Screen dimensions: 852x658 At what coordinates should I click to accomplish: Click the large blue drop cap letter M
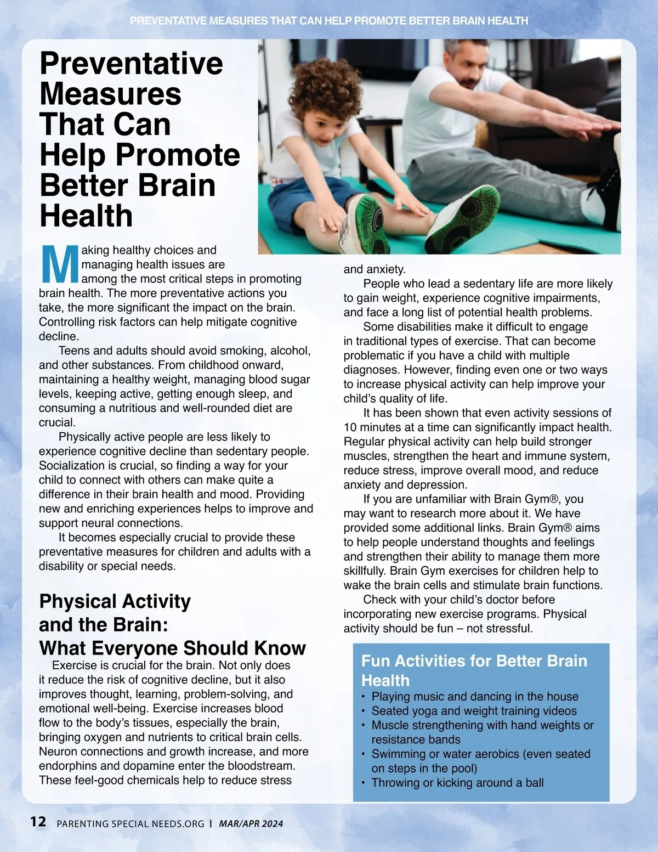(60, 264)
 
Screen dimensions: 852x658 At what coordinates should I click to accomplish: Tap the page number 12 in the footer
(38, 821)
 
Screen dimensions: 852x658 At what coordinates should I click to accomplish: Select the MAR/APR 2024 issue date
(251, 823)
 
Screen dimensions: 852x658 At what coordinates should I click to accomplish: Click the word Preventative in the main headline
(131, 63)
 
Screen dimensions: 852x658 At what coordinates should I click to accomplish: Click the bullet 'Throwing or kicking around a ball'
(457, 783)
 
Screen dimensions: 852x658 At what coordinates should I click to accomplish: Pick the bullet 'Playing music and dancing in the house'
(475, 697)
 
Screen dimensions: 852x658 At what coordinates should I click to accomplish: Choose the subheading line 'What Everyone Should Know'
(172, 648)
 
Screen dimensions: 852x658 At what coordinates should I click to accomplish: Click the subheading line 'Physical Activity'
(115, 601)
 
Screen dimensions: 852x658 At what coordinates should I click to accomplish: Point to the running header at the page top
(329, 21)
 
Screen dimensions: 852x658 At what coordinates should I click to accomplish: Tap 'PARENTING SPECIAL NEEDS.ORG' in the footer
(131, 824)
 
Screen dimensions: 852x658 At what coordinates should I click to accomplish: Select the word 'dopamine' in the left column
(163, 766)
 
